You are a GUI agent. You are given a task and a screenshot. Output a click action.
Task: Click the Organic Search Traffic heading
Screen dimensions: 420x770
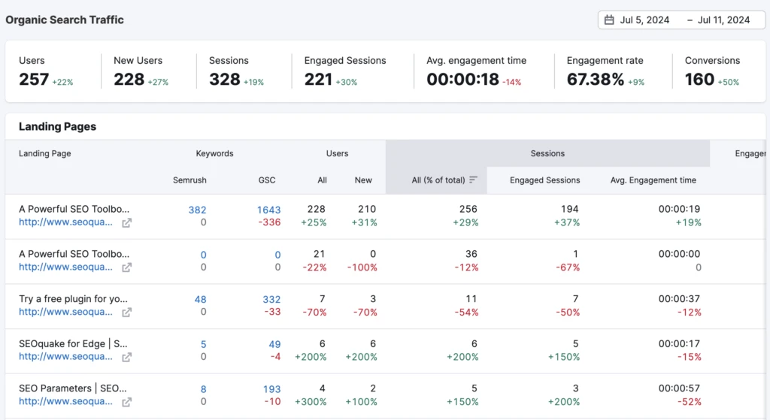click(x=65, y=20)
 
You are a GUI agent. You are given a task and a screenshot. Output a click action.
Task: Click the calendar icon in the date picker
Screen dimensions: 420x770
click(x=609, y=20)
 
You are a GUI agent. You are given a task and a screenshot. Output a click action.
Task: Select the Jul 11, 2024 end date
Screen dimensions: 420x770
click(x=723, y=20)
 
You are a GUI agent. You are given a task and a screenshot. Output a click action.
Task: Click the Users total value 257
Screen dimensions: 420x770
click(x=34, y=80)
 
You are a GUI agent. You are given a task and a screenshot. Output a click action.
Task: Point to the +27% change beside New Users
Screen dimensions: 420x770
click(x=159, y=82)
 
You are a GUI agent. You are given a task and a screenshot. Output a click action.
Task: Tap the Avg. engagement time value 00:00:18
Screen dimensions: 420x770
click(x=462, y=80)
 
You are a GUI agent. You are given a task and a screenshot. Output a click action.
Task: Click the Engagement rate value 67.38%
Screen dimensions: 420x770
click(x=595, y=80)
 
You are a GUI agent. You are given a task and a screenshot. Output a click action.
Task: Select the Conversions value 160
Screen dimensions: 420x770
click(x=699, y=80)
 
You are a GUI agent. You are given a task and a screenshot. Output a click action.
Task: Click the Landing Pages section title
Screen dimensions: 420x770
click(x=57, y=127)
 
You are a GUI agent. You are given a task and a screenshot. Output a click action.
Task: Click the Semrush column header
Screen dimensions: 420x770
click(x=189, y=180)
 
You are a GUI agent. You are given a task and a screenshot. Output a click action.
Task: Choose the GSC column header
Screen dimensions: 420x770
click(x=266, y=180)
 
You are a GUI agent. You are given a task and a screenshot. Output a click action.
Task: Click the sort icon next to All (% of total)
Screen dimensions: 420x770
click(x=474, y=180)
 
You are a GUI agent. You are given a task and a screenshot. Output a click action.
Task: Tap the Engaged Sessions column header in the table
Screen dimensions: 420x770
click(x=544, y=180)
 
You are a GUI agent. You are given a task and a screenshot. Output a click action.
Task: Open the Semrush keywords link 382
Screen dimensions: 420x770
click(x=197, y=210)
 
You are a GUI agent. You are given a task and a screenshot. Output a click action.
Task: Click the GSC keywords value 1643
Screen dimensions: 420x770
click(x=268, y=210)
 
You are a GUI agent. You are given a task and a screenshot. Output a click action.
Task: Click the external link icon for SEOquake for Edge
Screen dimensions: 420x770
click(x=127, y=357)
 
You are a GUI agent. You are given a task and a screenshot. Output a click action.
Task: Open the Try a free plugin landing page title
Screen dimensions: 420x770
click(x=74, y=299)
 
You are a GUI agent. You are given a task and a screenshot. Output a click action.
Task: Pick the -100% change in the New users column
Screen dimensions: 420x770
click(x=362, y=267)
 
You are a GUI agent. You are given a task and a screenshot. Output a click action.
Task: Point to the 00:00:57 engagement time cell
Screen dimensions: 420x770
click(x=680, y=388)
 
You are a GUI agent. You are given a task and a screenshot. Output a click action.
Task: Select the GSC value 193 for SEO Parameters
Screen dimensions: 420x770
click(x=271, y=389)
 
